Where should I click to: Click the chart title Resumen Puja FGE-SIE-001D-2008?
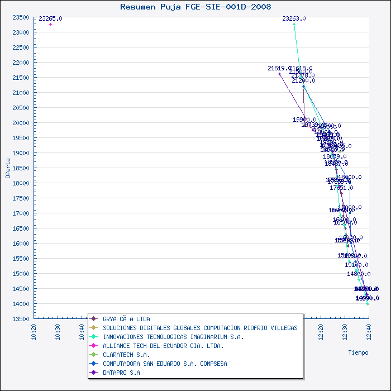coord(195,7)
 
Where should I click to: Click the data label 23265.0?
coord(51,18)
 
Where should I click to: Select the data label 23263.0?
coord(294,18)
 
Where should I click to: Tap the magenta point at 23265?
coord(51,24)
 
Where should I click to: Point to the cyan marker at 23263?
coord(294,24)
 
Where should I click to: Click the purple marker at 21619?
coord(280,74)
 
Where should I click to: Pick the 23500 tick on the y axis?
coord(21,17)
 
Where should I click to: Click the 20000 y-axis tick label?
coord(21,123)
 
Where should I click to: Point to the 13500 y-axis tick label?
coord(21,319)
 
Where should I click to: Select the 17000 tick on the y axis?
coord(21,213)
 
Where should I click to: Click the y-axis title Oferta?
coord(8,168)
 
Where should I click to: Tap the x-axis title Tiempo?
coord(358,352)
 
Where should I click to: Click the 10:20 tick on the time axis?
coord(35,331)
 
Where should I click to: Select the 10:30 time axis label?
coord(59,331)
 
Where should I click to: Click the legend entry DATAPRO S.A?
coord(121,373)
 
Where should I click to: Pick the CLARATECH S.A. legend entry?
coord(126,355)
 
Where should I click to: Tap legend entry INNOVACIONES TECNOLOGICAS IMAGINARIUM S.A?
coord(173,337)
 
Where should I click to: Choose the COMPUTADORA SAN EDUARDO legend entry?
coord(165,364)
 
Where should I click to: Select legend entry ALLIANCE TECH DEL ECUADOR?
coord(163,346)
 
